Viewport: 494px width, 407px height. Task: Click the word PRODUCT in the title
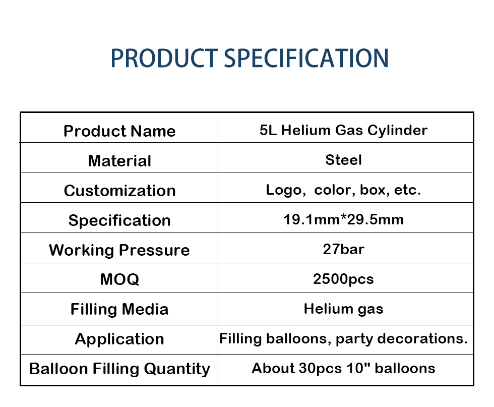pos(164,59)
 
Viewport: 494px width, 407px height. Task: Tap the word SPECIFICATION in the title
pos(306,59)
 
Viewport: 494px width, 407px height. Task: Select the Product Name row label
pos(119,131)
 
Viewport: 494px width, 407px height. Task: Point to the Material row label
pos(119,161)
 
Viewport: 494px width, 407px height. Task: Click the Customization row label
pos(119,191)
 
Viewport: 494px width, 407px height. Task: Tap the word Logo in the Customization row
pos(285,190)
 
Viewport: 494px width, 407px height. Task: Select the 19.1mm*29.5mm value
pos(343,219)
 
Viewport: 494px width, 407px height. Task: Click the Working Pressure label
pos(119,250)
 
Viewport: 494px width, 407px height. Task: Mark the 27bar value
pos(343,249)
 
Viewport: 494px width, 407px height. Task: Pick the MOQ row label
pos(119,279)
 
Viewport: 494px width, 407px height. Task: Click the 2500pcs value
pos(343,279)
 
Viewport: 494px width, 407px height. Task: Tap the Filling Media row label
pos(119,309)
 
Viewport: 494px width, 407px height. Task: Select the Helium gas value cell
pos(343,309)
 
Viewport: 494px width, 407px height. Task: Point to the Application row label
pos(119,339)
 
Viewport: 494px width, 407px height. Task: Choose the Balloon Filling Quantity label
pos(119,369)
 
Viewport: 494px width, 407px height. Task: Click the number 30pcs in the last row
pos(320,368)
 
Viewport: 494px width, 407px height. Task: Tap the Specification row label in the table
pos(119,220)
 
